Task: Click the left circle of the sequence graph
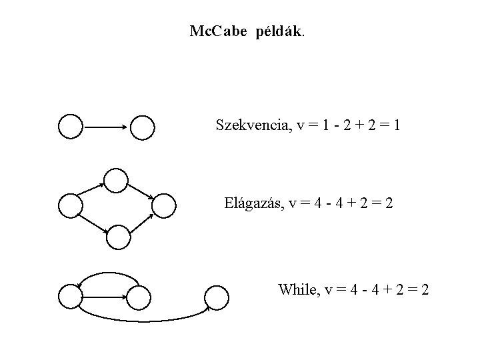pos(71,126)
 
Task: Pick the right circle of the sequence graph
pos(143,127)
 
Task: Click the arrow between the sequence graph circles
pos(107,127)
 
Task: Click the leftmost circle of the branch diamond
pos(71,206)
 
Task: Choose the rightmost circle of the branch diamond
pos(164,206)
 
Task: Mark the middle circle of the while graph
pos(139,297)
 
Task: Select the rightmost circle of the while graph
pos(216,297)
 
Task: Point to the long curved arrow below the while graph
pos(143,321)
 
